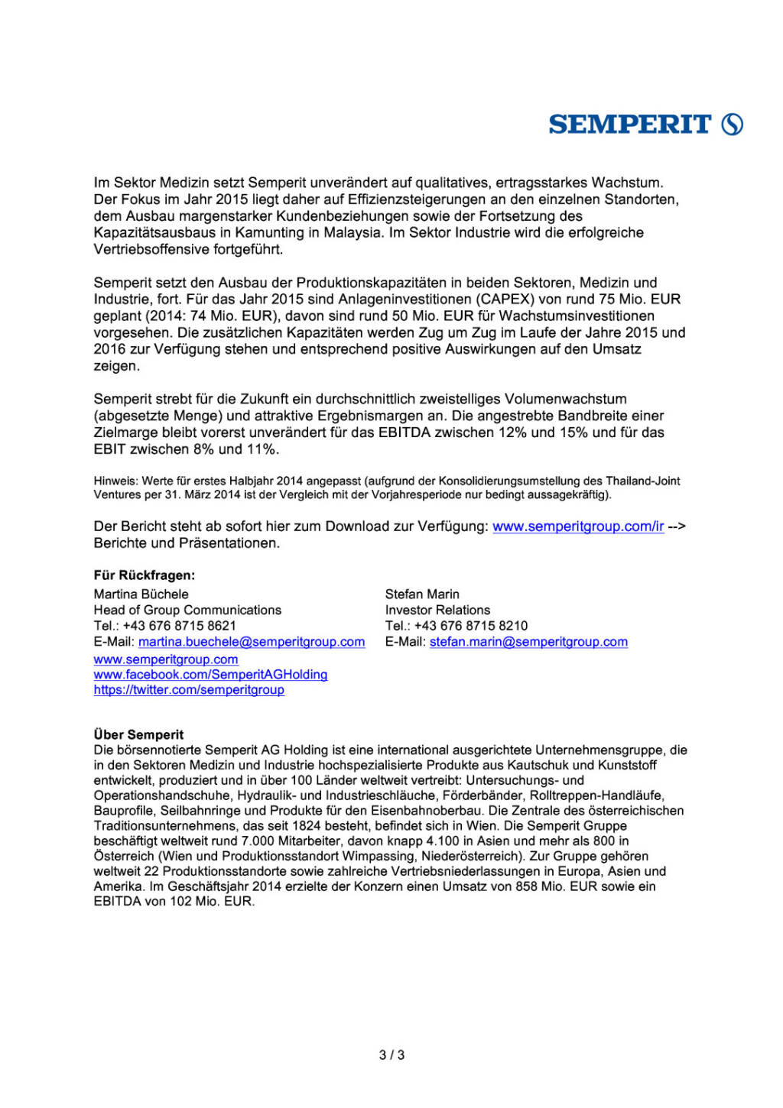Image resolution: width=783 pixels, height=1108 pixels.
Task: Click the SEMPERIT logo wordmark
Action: (x=629, y=124)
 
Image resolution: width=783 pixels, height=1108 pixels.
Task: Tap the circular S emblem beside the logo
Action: (x=733, y=124)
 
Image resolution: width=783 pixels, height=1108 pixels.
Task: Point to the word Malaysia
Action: (x=353, y=232)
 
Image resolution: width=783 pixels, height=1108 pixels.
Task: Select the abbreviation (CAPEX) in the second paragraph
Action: (x=505, y=299)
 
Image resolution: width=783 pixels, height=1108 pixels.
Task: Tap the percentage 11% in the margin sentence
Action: (x=262, y=449)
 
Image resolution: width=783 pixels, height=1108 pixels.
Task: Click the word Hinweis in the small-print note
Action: (x=115, y=481)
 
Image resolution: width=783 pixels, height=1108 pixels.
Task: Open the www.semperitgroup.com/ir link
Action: (x=578, y=526)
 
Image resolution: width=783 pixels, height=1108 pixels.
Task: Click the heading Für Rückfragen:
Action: (x=145, y=575)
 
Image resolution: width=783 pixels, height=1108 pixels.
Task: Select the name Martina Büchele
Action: (x=141, y=594)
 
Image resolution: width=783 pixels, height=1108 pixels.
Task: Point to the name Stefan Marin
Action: (x=422, y=594)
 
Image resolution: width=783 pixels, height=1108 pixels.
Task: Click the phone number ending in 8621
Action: (x=180, y=626)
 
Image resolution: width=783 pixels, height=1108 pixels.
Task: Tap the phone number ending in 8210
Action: (x=471, y=626)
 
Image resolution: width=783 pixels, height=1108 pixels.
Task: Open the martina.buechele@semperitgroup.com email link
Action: (x=252, y=642)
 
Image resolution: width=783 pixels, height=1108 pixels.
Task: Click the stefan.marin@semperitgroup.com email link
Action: (x=528, y=642)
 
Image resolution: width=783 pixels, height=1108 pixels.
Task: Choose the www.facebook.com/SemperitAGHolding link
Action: (x=210, y=675)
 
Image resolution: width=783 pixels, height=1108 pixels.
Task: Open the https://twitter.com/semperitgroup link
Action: (x=189, y=690)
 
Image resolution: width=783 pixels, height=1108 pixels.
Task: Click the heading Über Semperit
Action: (x=138, y=734)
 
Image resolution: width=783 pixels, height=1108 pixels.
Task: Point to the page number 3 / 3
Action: (x=391, y=1055)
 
